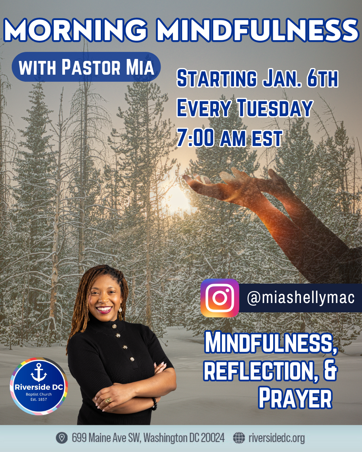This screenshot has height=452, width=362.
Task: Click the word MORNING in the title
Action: [76, 30]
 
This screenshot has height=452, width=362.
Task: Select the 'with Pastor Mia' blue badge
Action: [86, 67]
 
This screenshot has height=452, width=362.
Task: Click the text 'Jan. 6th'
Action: [300, 79]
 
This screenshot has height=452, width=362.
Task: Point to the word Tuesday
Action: [275, 108]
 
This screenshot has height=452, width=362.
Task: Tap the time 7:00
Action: [195, 138]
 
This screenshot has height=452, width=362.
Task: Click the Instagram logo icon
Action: [220, 298]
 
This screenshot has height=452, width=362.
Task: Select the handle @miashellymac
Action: [301, 298]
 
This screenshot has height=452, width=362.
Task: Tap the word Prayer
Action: [295, 398]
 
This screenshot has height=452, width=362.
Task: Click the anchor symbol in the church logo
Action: [39, 372]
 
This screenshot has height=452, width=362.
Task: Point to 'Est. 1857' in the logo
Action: [39, 399]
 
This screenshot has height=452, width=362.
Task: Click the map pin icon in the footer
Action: [62, 438]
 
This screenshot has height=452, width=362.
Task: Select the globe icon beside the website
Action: [239, 438]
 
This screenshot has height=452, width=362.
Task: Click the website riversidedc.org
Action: [277, 438]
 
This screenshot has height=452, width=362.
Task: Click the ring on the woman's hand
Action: [108, 400]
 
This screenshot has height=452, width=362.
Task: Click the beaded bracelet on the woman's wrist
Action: [154, 403]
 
